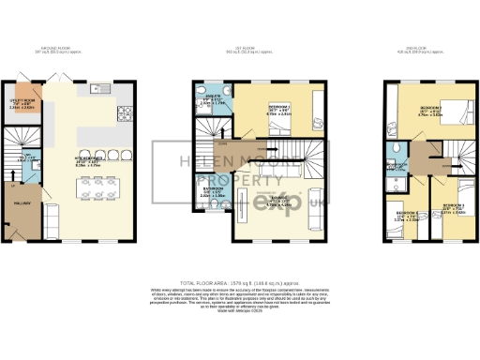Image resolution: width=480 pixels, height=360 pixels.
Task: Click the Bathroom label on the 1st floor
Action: [212, 192]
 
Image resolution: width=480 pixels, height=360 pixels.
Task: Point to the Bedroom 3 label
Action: [444, 206]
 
